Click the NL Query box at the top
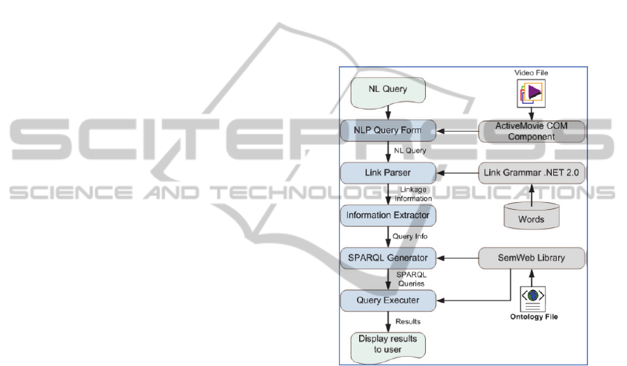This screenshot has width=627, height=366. point(388,89)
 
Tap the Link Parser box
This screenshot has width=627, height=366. point(388,172)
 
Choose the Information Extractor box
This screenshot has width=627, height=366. point(388,215)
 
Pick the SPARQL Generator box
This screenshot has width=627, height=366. point(388,259)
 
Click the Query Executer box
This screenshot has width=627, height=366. point(388,300)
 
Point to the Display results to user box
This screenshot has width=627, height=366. point(388,344)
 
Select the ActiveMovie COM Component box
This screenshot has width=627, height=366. point(532,131)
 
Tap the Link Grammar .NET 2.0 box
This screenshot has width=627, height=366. point(532,172)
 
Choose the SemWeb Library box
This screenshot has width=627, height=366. point(532,258)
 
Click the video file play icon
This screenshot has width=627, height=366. point(531,93)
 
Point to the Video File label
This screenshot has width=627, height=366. point(531,73)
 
